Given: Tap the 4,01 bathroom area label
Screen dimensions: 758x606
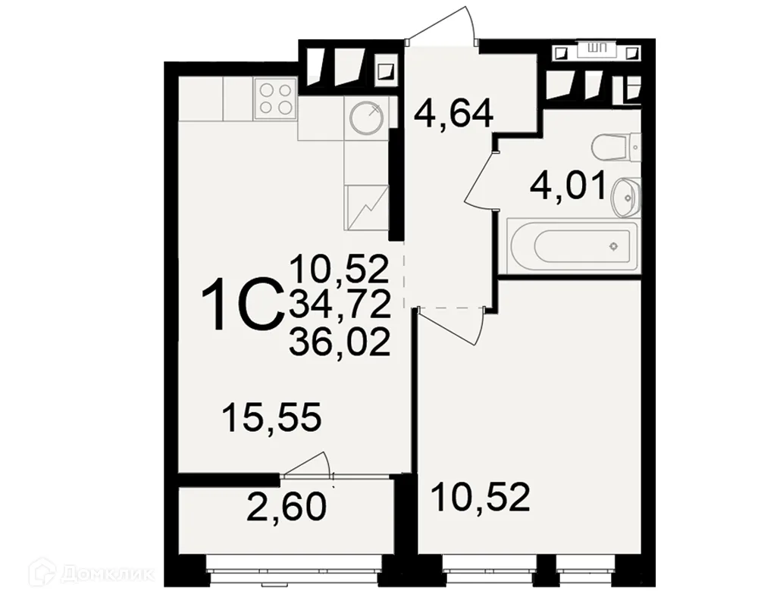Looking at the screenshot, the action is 568,186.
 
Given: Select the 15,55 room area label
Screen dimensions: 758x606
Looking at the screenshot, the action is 271,417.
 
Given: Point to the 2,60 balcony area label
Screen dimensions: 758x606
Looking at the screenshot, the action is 287,507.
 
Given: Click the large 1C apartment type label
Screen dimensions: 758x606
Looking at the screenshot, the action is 242,305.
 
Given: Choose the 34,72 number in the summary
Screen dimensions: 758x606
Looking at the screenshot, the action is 340,306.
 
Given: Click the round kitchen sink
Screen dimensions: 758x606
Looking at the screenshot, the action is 367,118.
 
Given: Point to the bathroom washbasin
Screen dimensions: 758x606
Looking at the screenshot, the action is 625,197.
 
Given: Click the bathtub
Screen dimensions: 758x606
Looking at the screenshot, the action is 573,245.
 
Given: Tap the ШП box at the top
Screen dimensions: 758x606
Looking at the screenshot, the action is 597,48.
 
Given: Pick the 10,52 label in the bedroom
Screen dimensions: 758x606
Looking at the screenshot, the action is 480,497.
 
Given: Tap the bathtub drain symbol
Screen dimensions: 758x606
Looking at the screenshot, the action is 613,246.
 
